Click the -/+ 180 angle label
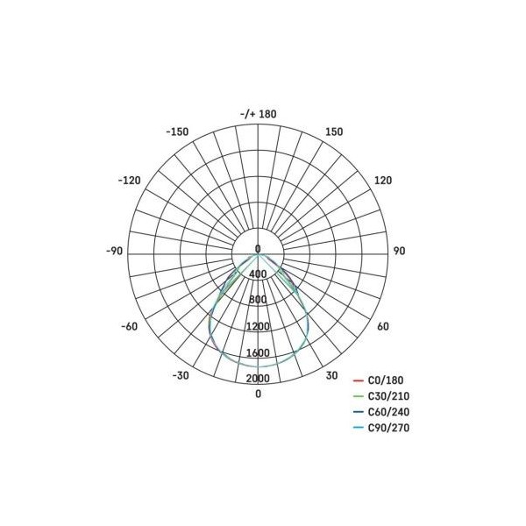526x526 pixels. point(259,114)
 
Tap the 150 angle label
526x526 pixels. point(334,131)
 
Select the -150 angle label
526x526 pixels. point(177,131)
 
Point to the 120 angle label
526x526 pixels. point(383,181)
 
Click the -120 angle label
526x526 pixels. point(130,181)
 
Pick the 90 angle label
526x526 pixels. point(399,251)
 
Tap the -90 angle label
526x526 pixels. point(115,251)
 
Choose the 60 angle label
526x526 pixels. point(383,326)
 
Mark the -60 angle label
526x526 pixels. point(130,326)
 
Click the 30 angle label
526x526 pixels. point(331,375)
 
